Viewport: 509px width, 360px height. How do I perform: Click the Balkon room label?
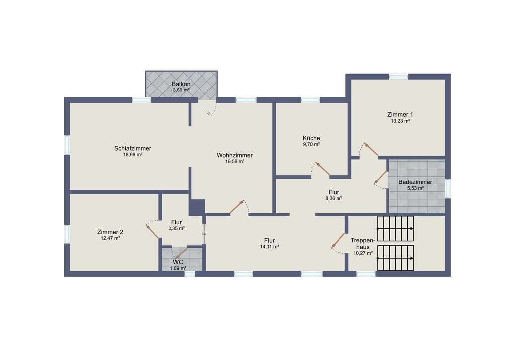coord(181,84)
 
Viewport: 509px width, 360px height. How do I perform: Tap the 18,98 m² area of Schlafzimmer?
coord(132,155)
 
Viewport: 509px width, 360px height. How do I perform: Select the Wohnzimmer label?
coord(235,155)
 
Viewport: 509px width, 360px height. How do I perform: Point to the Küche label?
coord(311,138)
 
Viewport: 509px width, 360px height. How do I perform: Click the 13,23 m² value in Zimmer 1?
coord(400,121)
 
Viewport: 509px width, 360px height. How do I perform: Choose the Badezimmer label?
coord(415,182)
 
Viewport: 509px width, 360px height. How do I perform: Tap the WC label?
coord(178,262)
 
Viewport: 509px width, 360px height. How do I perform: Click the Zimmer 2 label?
coord(110,232)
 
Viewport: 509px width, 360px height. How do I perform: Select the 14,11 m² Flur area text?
coord(269,247)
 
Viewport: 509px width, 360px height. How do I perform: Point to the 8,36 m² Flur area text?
coord(334,198)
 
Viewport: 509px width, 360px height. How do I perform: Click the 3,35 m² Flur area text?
coord(176,228)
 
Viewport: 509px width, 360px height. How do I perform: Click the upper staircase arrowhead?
coord(412,229)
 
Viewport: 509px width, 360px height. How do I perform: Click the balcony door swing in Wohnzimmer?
coord(208,109)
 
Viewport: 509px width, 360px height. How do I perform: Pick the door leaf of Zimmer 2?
coord(152,232)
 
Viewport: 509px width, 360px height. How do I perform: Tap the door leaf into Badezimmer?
coord(380,178)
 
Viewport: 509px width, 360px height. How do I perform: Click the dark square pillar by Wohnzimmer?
coord(197,207)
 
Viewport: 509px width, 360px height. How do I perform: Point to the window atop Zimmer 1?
coord(398,77)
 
